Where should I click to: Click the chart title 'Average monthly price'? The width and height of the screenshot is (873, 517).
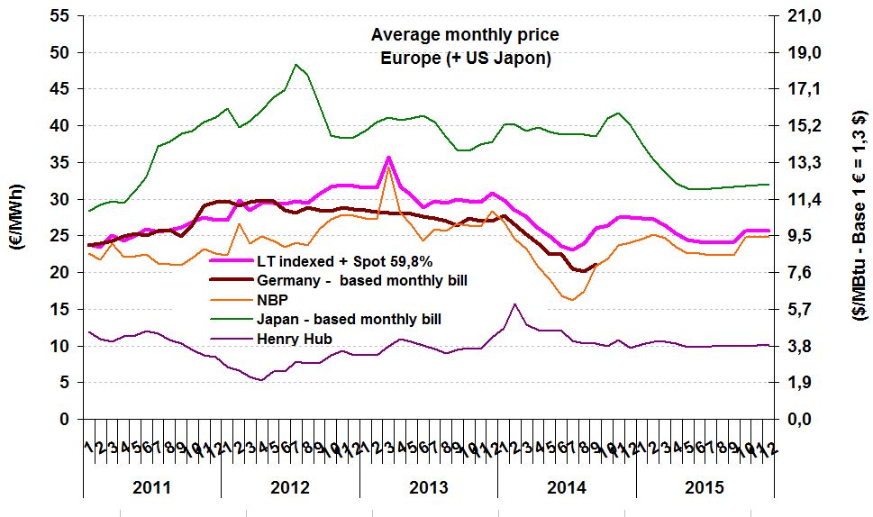(x=464, y=35)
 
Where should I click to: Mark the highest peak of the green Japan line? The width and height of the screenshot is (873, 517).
(x=296, y=64)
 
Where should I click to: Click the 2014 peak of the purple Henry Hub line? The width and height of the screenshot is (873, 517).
(x=514, y=304)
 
